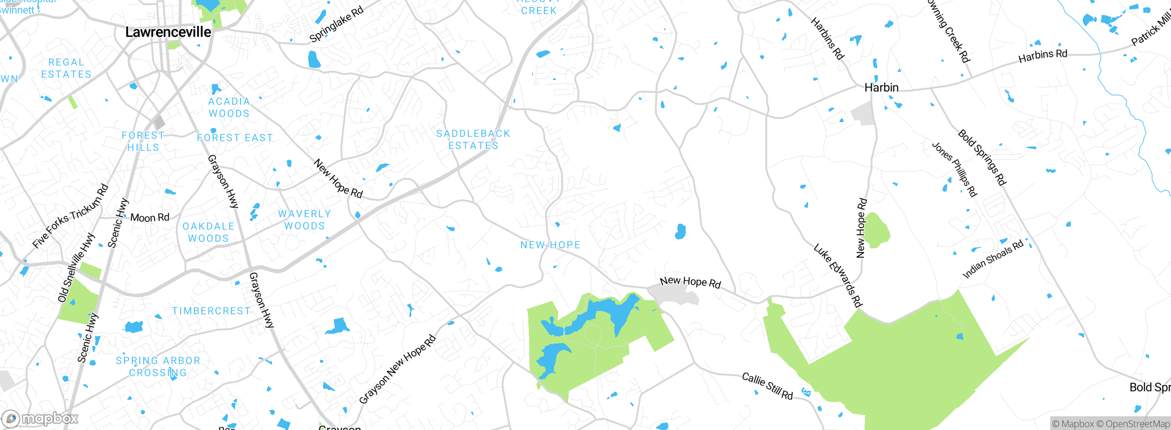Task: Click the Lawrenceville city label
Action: tap(168, 32)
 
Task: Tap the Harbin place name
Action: tap(881, 87)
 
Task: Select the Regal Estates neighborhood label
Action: tap(66, 68)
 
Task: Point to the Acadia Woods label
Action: tap(229, 107)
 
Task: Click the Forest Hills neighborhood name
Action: tap(143, 141)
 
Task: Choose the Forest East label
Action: tap(235, 138)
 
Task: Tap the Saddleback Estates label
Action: tap(473, 140)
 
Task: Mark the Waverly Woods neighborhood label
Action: tap(305, 220)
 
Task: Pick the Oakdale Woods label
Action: tap(209, 232)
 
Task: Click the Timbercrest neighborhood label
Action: tap(211, 311)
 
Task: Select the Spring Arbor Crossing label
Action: tap(158, 367)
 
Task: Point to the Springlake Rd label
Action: tap(337, 24)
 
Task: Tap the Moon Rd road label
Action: tap(150, 217)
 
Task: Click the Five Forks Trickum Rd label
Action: tap(70, 216)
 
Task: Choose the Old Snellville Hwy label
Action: tap(76, 268)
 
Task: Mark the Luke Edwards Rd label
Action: tap(838, 275)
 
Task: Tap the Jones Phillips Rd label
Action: tap(955, 169)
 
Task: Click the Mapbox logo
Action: tap(40, 418)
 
